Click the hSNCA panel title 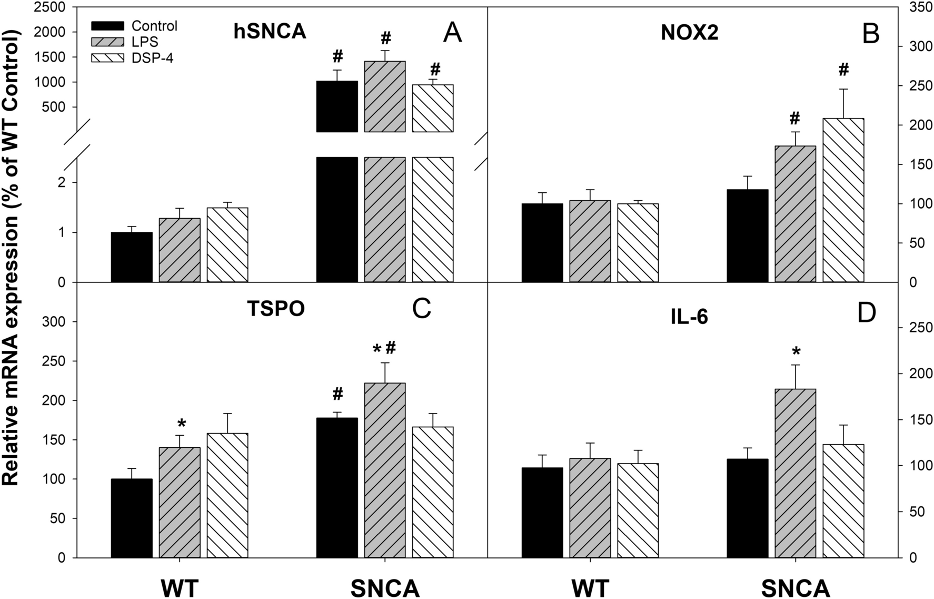[270, 33]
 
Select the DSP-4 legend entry [152, 58]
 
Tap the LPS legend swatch [107, 42]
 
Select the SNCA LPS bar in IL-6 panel [795, 473]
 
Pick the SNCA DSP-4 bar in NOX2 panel [843, 200]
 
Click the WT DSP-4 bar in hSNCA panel [227, 245]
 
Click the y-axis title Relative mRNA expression [12, 258]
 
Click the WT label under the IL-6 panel [591, 588]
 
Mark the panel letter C [422, 310]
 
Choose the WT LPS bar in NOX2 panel [590, 241]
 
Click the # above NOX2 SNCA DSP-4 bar [843, 70]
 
